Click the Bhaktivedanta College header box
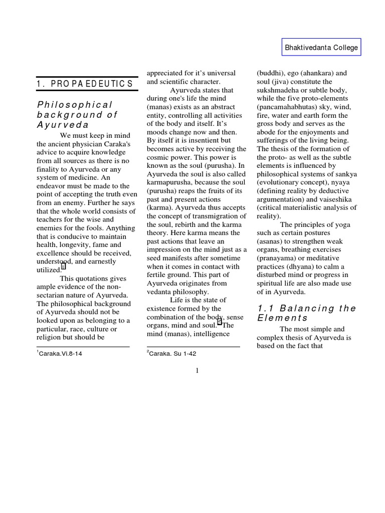[321, 48]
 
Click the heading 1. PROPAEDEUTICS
[85, 84]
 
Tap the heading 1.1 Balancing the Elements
[306, 313]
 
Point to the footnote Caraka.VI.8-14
[61, 354]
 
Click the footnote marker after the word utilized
[64, 266]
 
